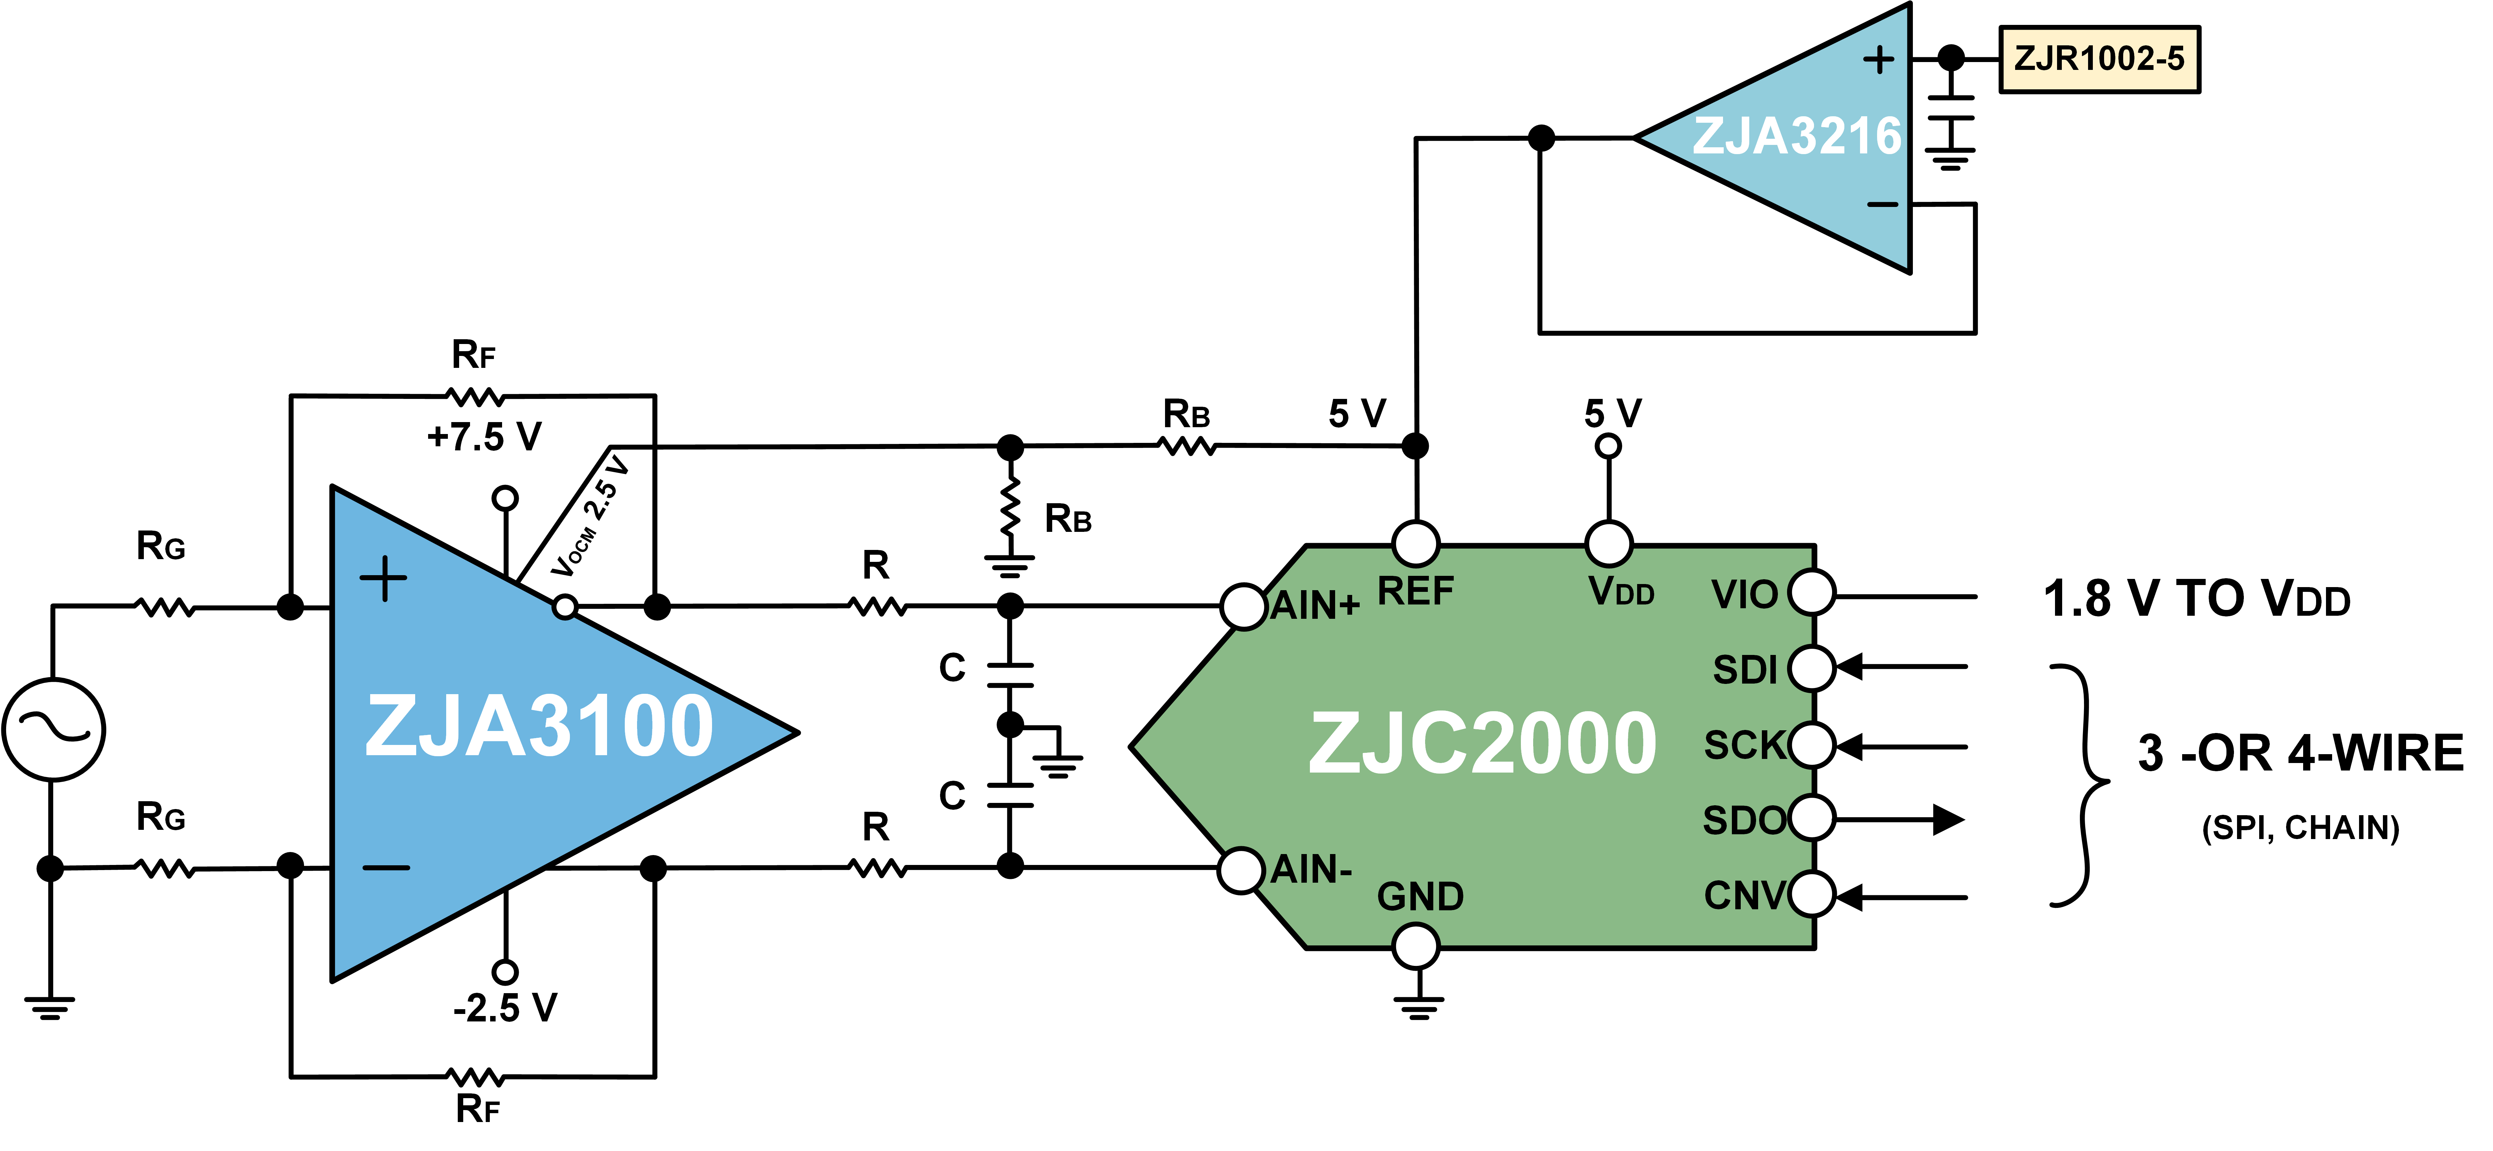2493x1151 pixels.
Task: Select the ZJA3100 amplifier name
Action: pyautogui.click(x=539, y=726)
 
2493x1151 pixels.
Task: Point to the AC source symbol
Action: pyautogui.click(x=53, y=729)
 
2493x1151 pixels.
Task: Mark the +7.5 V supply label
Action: pyautogui.click(x=484, y=437)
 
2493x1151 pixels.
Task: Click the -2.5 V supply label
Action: pyautogui.click(x=505, y=1008)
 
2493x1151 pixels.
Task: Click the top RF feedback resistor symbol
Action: pyautogui.click(x=474, y=396)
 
